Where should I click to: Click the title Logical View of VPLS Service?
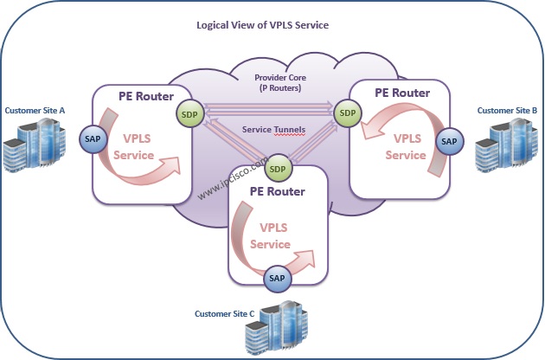click(263, 24)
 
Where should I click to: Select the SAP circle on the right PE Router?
click(448, 140)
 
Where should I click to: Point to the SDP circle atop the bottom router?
click(278, 167)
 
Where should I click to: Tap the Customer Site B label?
click(508, 111)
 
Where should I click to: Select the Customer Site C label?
click(224, 313)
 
